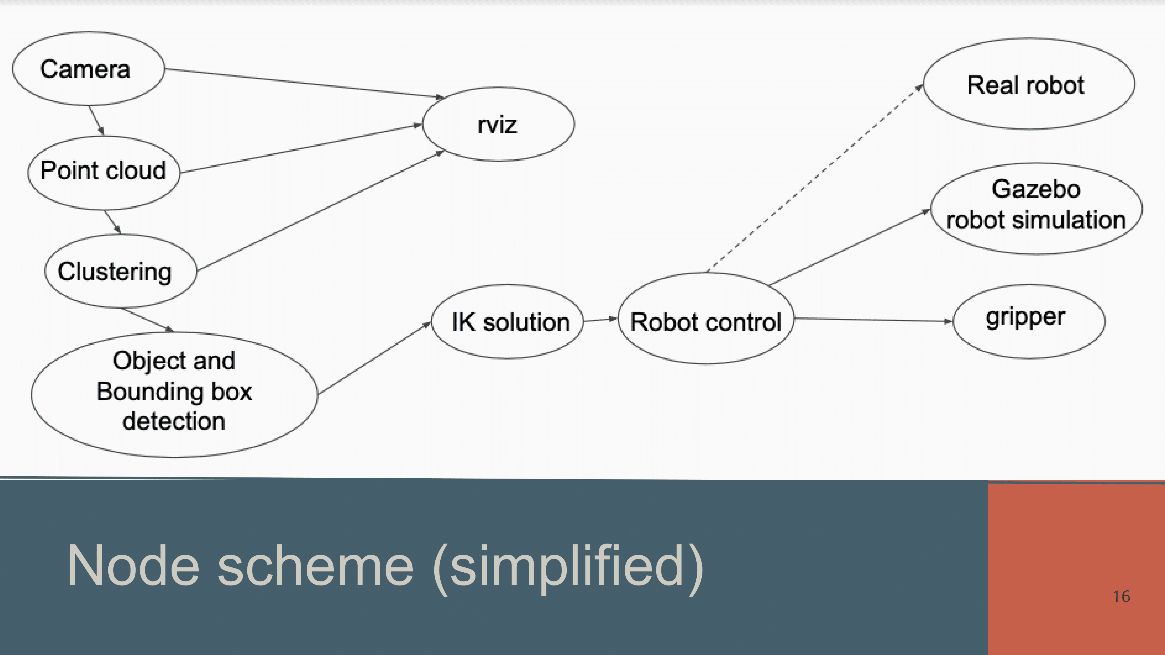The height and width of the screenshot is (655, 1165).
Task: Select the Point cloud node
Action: [x=104, y=172]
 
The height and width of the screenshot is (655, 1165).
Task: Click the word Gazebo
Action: [x=1036, y=189]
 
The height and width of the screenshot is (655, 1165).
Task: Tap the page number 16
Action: [x=1121, y=596]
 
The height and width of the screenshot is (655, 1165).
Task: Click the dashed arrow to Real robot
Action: [x=814, y=178]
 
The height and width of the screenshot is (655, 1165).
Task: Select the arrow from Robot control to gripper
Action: [x=873, y=320]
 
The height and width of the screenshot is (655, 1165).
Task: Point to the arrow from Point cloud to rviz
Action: [x=301, y=148]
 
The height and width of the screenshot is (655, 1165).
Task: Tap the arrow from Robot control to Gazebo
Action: [x=850, y=247]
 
